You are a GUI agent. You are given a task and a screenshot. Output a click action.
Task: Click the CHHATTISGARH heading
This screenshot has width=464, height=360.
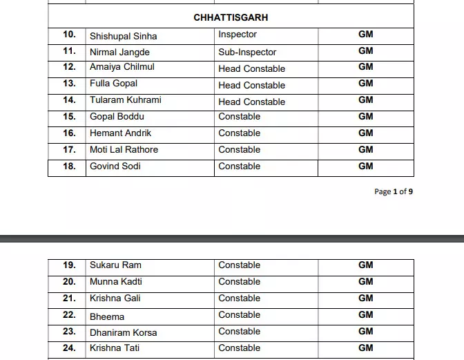pyautogui.click(x=231, y=17)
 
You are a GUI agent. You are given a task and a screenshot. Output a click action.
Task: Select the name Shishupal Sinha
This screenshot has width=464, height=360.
pyautogui.click(x=123, y=36)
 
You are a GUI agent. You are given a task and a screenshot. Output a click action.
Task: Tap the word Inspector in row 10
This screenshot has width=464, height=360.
pyautogui.click(x=238, y=34)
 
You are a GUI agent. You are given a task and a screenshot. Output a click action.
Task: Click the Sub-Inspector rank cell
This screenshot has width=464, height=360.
pyautogui.click(x=247, y=52)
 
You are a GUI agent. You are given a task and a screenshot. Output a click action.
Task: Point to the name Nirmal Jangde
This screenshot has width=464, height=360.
pyautogui.click(x=119, y=52)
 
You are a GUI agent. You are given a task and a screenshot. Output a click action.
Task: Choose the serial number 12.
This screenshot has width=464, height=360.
pyautogui.click(x=69, y=67)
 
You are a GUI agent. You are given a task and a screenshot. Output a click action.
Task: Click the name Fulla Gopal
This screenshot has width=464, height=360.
pyautogui.click(x=113, y=84)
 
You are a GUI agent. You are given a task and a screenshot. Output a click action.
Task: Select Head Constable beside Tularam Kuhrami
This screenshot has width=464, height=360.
pyautogui.click(x=251, y=102)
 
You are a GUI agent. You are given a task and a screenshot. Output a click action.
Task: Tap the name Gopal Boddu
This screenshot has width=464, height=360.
pyautogui.click(x=117, y=116)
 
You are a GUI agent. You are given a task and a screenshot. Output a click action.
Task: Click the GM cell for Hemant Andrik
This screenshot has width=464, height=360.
pyautogui.click(x=365, y=133)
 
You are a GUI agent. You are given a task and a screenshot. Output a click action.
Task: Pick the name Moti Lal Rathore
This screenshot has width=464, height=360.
pyautogui.click(x=124, y=149)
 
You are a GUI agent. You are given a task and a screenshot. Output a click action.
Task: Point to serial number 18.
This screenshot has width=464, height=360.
pyautogui.click(x=69, y=166)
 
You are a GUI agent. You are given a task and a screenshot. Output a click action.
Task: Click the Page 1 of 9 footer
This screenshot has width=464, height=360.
pyautogui.click(x=394, y=191)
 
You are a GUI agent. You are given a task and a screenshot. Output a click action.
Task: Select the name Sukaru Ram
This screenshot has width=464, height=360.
pyautogui.click(x=115, y=265)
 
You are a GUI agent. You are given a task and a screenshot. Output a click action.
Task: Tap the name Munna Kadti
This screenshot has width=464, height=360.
pyautogui.click(x=116, y=281)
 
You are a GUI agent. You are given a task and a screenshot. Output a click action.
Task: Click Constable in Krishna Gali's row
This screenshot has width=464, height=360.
pyautogui.click(x=239, y=298)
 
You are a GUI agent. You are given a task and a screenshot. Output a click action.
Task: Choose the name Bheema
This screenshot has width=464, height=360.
pyautogui.click(x=107, y=316)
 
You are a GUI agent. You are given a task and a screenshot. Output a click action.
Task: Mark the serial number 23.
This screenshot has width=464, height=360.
pyautogui.click(x=69, y=331)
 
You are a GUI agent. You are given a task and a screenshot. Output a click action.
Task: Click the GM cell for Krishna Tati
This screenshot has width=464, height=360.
pyautogui.click(x=365, y=348)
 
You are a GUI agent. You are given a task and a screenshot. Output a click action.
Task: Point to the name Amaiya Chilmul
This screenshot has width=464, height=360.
pyautogui.click(x=122, y=67)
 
